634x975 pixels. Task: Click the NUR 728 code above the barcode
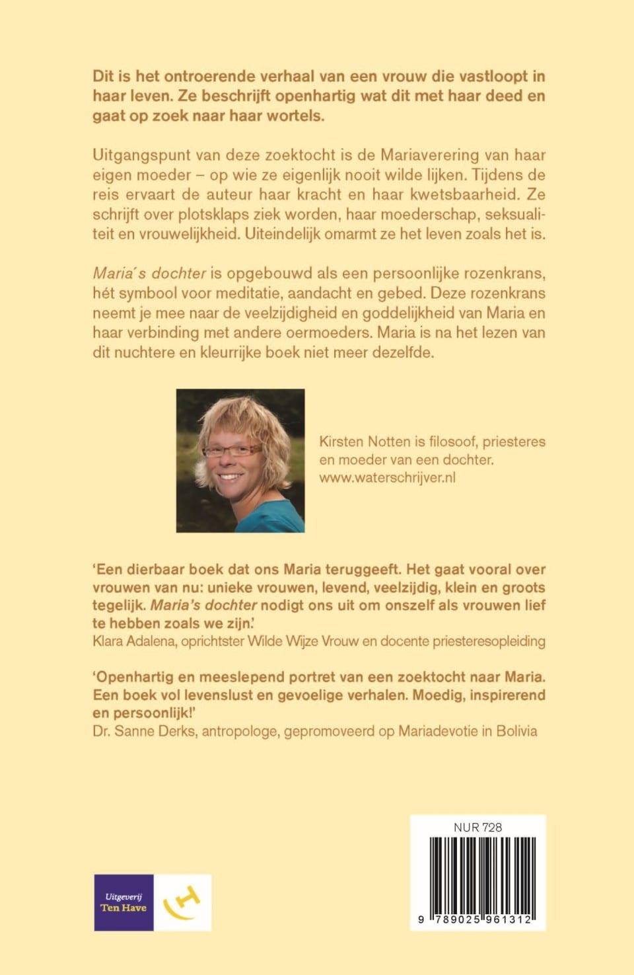coord(477,827)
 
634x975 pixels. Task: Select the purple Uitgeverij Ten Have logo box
coord(123,902)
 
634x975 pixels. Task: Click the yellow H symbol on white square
coord(183,902)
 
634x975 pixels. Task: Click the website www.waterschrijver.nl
coord(387,477)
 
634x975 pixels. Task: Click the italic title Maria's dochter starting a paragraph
coord(149,273)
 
